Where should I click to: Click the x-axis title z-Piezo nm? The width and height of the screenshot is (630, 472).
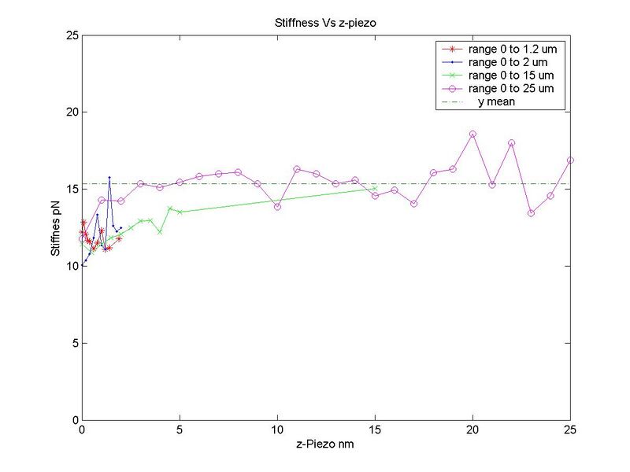coord(326,445)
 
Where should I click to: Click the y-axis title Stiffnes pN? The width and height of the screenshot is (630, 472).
coord(56,228)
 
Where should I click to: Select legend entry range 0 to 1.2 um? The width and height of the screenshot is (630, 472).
coord(501,49)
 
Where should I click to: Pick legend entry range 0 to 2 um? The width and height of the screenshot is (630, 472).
coord(497,62)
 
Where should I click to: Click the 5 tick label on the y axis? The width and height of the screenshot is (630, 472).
coord(72,343)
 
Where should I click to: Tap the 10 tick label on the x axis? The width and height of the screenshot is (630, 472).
coord(277,431)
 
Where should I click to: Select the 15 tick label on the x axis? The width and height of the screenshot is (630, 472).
coord(375,431)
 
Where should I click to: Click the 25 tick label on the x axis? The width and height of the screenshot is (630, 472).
coord(570,431)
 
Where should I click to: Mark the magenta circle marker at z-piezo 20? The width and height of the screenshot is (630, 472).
coord(472,135)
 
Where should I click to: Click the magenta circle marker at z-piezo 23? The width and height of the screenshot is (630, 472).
coord(531,213)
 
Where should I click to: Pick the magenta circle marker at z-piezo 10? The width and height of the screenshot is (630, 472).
coord(277,206)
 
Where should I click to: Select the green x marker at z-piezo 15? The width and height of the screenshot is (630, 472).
coord(375,188)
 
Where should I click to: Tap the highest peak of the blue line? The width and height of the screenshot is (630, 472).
coord(109,178)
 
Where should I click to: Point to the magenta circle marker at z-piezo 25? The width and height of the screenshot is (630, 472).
coord(570,160)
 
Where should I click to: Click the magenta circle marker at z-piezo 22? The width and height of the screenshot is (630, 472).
coord(512,143)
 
